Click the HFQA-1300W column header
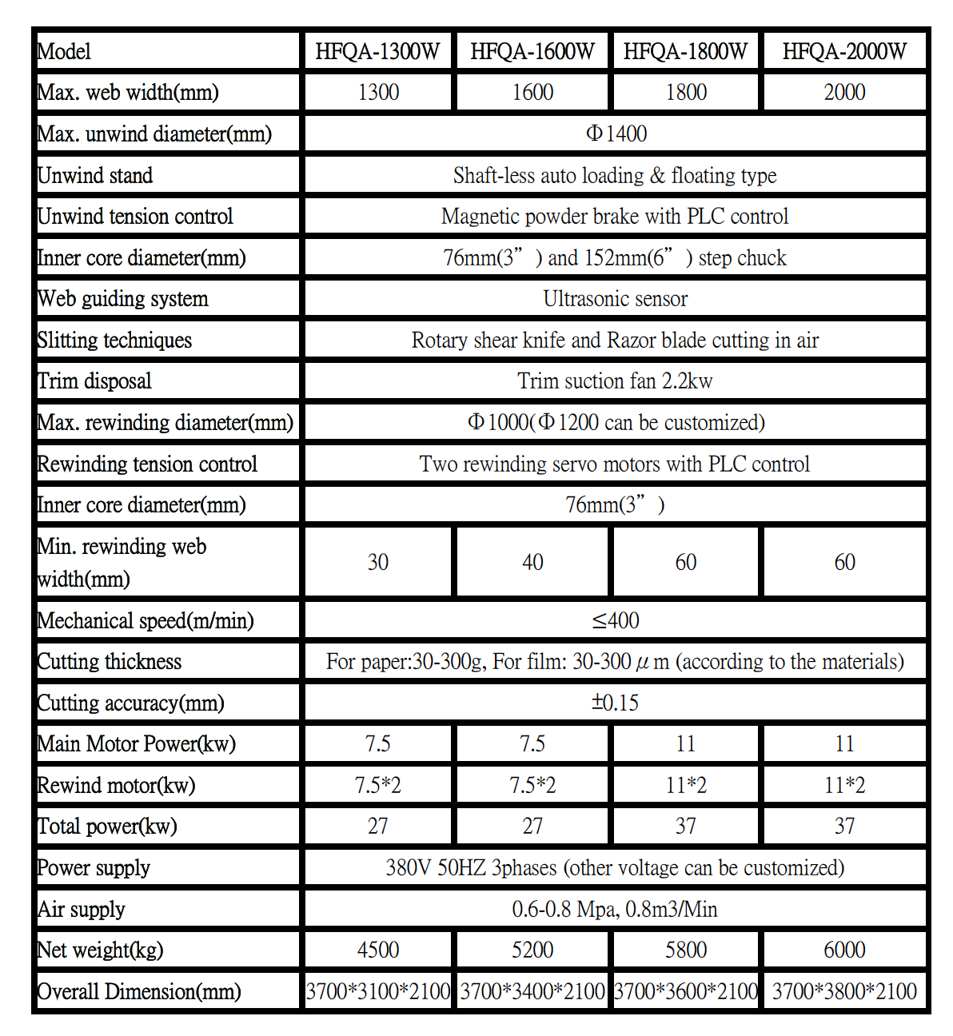coord(377,51)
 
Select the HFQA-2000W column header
coord(844,51)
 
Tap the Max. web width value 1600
coord(532,92)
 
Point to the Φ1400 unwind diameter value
coord(616,133)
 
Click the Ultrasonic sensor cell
coord(616,299)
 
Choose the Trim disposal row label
coord(94,381)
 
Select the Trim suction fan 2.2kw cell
coord(616,381)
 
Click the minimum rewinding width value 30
coord(377,562)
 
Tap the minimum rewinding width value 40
coord(532,562)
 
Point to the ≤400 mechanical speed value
coord(616,620)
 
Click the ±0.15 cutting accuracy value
coord(616,703)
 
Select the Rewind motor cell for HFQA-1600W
coord(532,785)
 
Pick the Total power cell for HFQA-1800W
coord(686,826)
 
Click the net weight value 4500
coord(377,950)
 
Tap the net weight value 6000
coord(844,950)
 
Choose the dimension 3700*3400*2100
coord(532,991)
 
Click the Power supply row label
coord(94,867)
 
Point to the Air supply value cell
coord(616,909)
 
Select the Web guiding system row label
coord(122,299)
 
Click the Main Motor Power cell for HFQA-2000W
coord(844,743)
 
